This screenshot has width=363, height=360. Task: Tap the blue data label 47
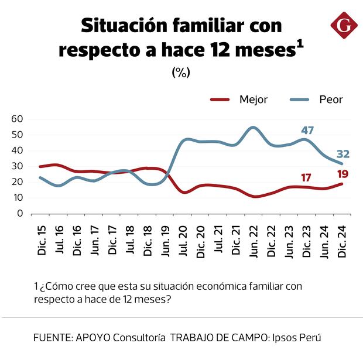[307, 130]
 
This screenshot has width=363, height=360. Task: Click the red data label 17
[306, 177]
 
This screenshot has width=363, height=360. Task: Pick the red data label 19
[343, 173]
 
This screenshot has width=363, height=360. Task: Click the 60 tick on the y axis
[17, 119]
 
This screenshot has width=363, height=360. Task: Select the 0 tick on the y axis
[19, 214]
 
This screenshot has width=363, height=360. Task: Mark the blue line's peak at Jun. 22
[253, 127]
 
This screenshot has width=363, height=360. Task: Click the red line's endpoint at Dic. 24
[343, 184]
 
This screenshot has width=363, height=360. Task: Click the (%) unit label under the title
[181, 72]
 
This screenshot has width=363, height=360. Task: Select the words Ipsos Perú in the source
[296, 338]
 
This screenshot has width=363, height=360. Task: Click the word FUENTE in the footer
[52, 338]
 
